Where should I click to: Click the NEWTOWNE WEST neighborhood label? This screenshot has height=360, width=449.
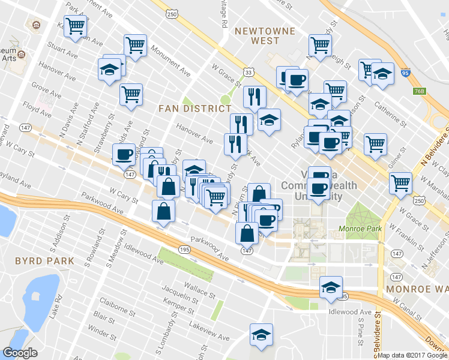[x=258, y=35]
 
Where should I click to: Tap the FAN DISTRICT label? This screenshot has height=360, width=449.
[x=194, y=109]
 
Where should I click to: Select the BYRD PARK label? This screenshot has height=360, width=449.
[x=44, y=261]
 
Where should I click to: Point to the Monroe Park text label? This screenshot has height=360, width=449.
[x=360, y=229]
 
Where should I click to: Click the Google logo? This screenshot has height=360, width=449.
[x=20, y=352]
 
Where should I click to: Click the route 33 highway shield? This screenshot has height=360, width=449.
[x=249, y=72]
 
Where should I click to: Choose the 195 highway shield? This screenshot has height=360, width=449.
[x=183, y=248]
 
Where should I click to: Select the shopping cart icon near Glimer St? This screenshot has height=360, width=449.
[x=375, y=143]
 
